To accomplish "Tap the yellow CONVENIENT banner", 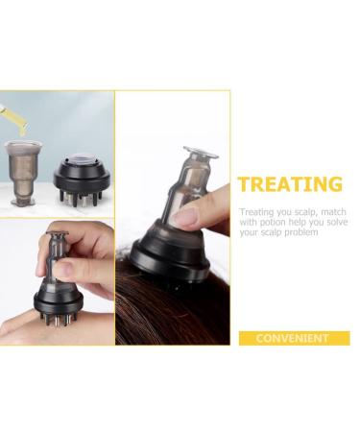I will tap(294, 338).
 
